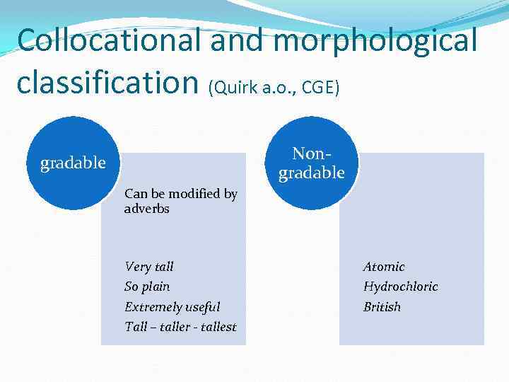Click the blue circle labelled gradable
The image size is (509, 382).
[72, 163]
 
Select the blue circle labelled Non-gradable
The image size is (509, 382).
[311, 163]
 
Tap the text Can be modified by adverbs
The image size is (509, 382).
[180, 201]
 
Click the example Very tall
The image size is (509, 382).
[148, 267]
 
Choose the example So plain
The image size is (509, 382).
[147, 286]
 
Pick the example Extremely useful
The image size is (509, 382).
[172, 306]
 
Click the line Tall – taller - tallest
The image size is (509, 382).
[180, 326]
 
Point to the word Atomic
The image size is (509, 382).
[384, 267]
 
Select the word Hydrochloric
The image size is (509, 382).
[400, 286]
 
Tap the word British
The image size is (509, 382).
[382, 306]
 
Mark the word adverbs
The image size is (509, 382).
[146, 209]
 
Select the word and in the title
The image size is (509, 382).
[238, 41]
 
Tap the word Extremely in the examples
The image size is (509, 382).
[152, 306]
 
